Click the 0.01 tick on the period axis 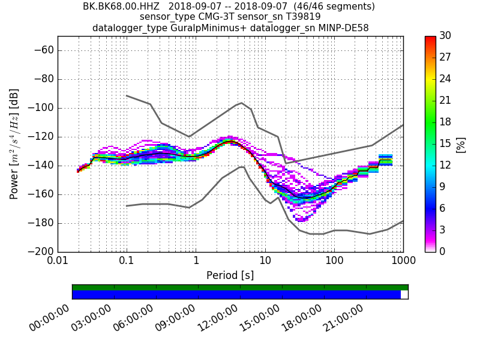coord(58,262)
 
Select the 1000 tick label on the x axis coord(403,262)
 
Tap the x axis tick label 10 coord(265,262)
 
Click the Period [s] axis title coord(230,275)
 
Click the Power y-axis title coord(14,144)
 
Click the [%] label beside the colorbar coord(461,144)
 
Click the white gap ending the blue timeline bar coord(404,295)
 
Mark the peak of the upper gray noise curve coord(241,103)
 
